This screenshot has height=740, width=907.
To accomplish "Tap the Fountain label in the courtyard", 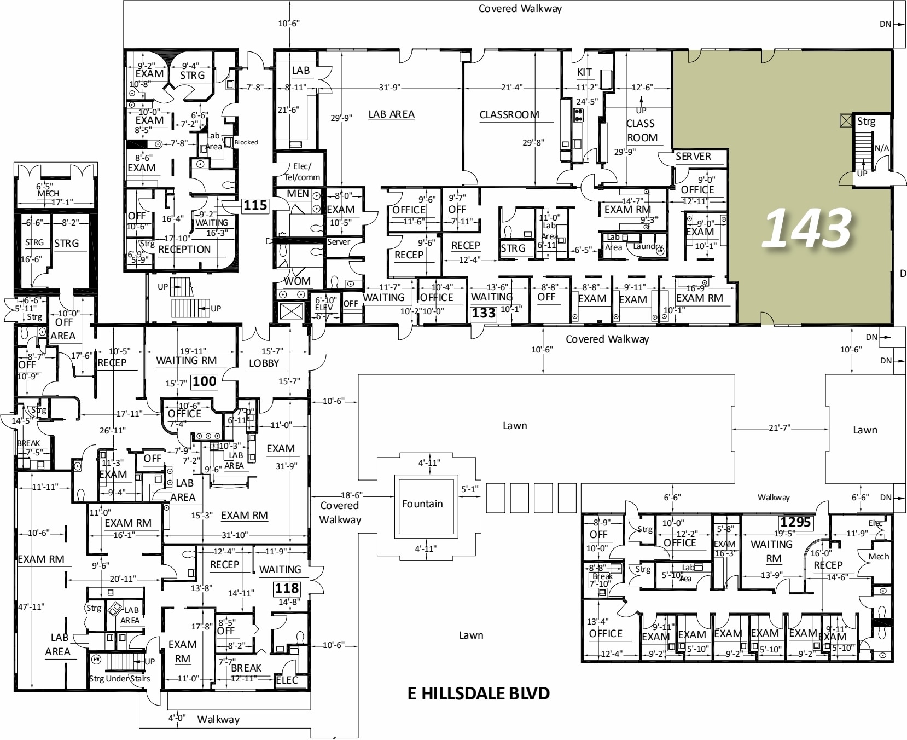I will [422, 504].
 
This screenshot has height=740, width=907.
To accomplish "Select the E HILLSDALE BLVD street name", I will [479, 693].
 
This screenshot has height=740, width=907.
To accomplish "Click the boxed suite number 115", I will [255, 206].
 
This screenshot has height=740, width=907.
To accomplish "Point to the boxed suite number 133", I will [484, 313].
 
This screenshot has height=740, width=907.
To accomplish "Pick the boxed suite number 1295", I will [795, 522].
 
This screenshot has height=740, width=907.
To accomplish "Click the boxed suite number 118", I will [287, 588].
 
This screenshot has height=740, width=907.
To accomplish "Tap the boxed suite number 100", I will [204, 381].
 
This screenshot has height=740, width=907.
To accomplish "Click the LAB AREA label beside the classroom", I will [391, 114].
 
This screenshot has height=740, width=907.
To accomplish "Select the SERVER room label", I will [693, 157].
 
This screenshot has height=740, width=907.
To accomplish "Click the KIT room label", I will [584, 72].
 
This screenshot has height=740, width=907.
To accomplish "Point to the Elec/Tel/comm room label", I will [302, 172].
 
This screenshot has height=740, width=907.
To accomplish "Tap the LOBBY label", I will [264, 363].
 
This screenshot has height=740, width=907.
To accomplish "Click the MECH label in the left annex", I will [48, 194].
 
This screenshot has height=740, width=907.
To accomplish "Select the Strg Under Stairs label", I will [119, 679].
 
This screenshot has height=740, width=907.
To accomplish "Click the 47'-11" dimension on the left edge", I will [31, 606].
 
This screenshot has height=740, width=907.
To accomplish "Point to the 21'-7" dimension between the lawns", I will [779, 427].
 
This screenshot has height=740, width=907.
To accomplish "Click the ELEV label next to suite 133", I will [324, 308].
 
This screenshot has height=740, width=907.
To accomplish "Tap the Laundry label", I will [648, 246].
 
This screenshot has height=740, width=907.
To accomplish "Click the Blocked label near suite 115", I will [246, 142].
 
